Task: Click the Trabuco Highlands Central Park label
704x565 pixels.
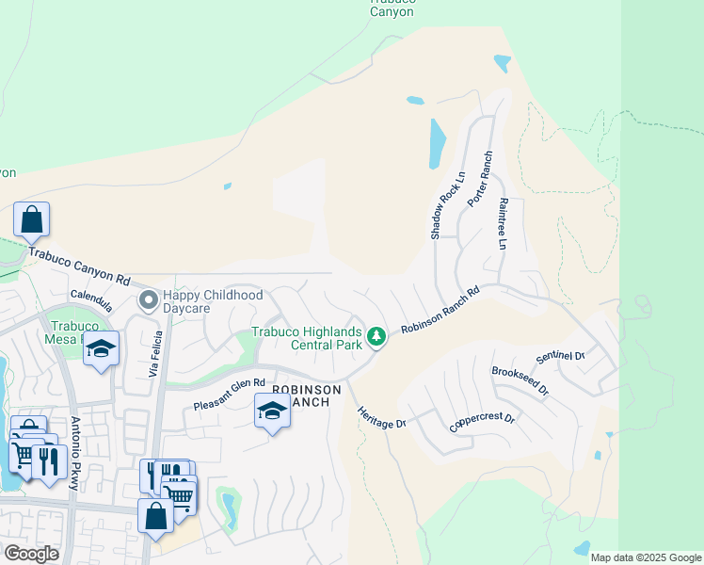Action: click(307, 338)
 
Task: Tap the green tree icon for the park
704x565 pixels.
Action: click(376, 336)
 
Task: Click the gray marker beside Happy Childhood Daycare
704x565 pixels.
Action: click(149, 300)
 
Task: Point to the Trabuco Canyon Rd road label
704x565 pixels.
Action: click(78, 266)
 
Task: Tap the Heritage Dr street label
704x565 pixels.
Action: click(381, 417)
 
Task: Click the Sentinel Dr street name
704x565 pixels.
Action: click(560, 357)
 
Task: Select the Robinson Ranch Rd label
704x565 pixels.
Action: click(440, 310)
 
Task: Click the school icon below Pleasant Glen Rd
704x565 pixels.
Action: click(272, 412)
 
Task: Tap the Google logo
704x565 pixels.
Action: click(32, 554)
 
